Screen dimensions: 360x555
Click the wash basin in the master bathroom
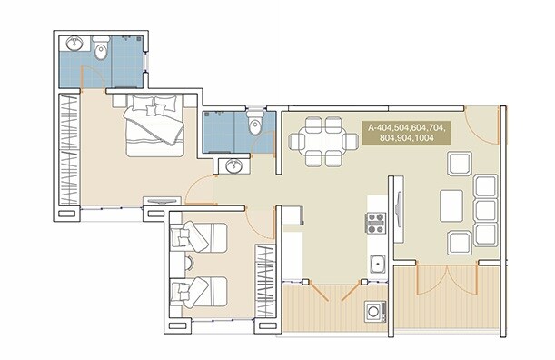(74, 44)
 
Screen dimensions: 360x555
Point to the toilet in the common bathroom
(255, 124)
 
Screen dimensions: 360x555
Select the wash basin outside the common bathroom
(234, 165)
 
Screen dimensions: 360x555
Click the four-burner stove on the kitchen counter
(375, 223)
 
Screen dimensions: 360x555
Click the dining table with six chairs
(322, 142)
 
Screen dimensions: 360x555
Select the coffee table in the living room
(452, 205)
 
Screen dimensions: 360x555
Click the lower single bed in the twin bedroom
(195, 292)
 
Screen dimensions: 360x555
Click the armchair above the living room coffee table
(459, 165)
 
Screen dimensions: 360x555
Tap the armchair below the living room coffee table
(459, 242)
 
